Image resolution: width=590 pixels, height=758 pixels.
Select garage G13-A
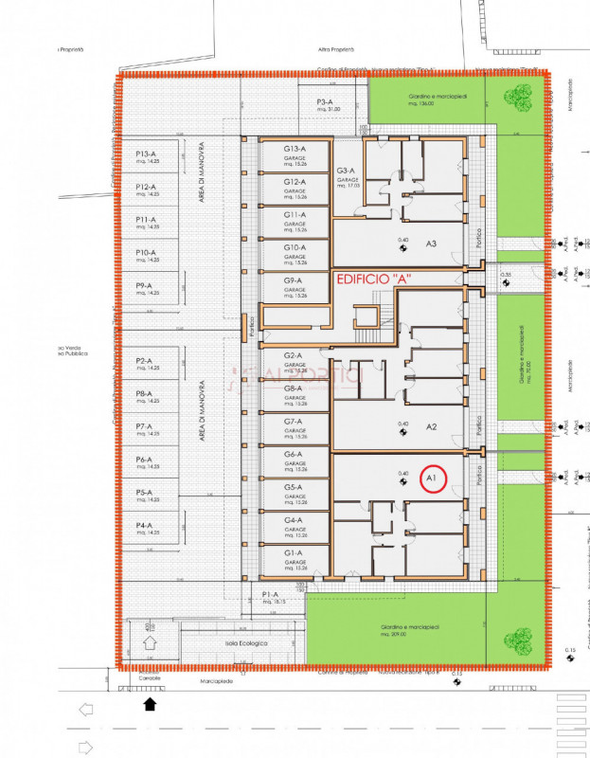[295, 156]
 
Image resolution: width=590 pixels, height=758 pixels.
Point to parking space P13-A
[146, 156]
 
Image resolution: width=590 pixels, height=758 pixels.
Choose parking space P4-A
[146, 528]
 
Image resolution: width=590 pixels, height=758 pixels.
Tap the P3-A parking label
[324, 104]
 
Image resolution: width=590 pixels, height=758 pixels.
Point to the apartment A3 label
[430, 244]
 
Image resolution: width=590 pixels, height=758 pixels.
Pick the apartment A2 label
[430, 427]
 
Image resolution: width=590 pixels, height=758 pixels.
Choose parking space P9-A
[146, 288]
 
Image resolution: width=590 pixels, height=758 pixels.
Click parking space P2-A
[146, 363]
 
